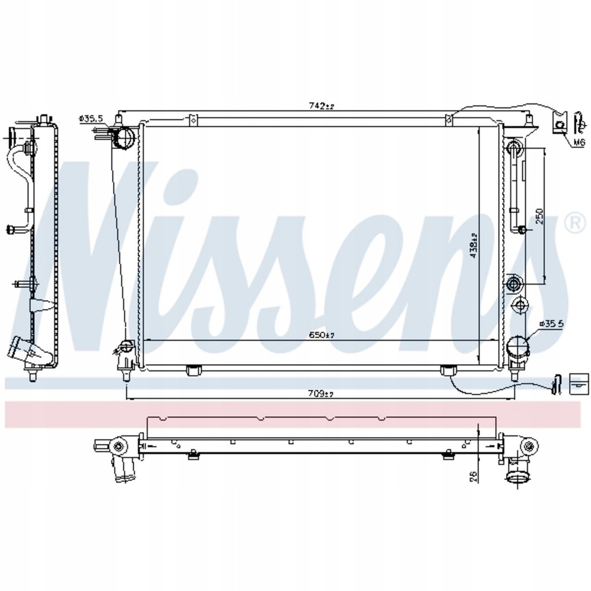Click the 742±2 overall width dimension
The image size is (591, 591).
tap(321, 106)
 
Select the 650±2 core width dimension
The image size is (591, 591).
tap(322, 335)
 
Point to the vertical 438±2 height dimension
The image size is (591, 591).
tap(473, 245)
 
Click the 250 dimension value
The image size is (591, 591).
tap(540, 215)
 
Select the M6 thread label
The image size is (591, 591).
tap(578, 143)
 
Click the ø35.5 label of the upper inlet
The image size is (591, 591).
tap(91, 118)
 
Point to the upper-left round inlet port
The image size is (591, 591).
tap(124, 137)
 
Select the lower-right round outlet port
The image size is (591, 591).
tap(517, 348)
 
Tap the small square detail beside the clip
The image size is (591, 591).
tap(577, 383)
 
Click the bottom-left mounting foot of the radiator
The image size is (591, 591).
tap(193, 371)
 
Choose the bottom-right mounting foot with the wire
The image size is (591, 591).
tap(448, 371)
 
